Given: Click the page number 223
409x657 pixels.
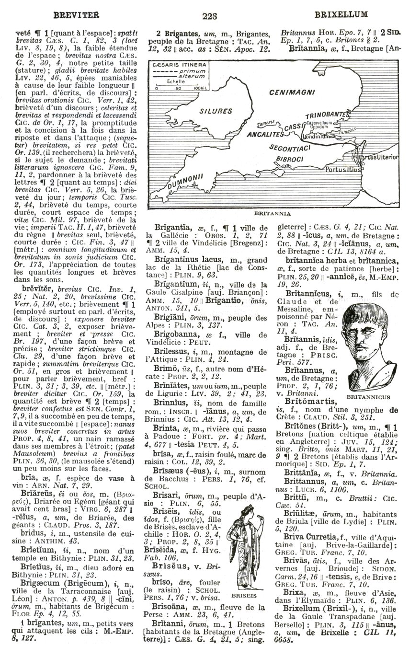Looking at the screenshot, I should point(209,15).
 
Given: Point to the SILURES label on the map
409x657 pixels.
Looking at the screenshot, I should point(216,111).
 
